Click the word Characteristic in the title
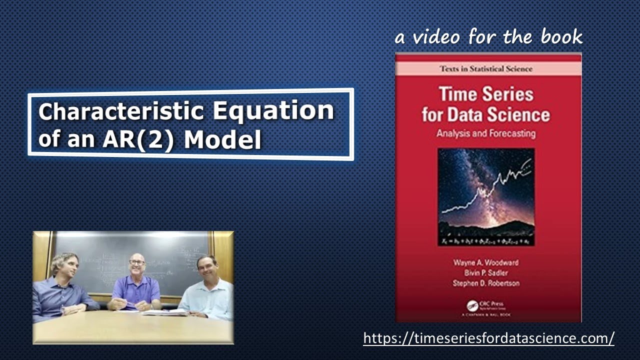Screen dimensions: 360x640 pos(121,110)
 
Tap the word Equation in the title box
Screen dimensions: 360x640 pos(273,110)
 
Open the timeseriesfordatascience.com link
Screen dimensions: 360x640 pos(488,338)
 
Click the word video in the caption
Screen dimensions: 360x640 pos(434,36)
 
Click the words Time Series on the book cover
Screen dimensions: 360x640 pos(485,94)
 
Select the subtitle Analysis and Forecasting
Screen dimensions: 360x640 pos(485,133)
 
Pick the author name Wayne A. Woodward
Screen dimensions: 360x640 pos(485,262)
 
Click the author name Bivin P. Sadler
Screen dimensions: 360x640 pos(485,272)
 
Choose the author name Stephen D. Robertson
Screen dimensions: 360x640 pos(485,283)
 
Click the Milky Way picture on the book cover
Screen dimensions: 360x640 pos(485,192)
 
